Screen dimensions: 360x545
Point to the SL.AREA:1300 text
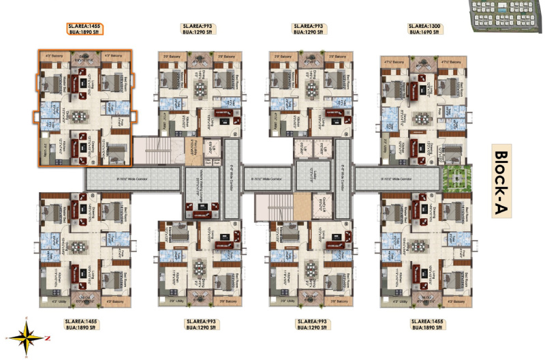pos(424,26)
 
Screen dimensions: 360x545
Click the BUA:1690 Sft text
pos(424,32)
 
